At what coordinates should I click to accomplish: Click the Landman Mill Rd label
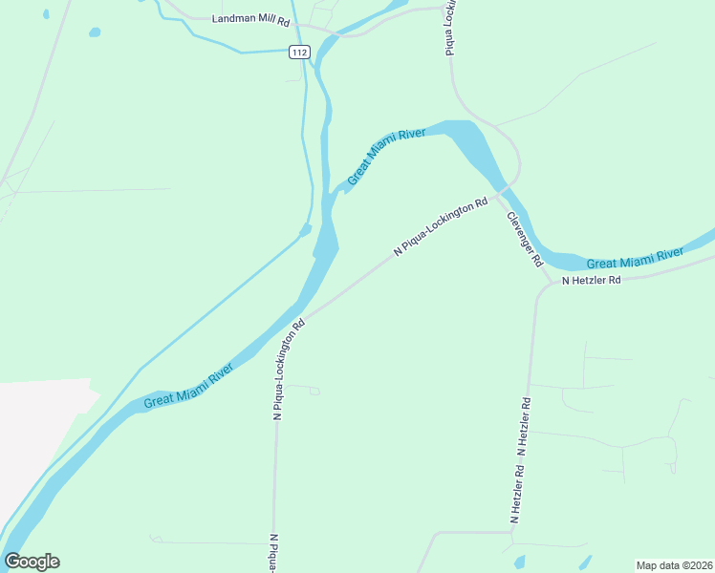click(250, 19)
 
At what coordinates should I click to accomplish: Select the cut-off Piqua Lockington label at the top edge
click(449, 29)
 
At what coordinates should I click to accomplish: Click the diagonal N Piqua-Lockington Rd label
click(441, 227)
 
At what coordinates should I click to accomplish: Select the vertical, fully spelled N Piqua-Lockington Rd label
click(288, 370)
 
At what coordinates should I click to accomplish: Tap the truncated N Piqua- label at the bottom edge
click(274, 553)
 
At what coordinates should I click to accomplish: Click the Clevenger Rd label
click(524, 238)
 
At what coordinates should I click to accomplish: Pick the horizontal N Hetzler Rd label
click(592, 281)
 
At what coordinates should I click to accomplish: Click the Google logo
click(32, 562)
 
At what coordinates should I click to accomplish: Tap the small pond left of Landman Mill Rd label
click(95, 32)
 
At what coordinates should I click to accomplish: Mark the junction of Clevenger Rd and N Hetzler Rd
click(543, 284)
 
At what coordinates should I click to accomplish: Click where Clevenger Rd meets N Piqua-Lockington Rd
click(503, 190)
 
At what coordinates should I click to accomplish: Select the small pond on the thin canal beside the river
click(305, 230)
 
